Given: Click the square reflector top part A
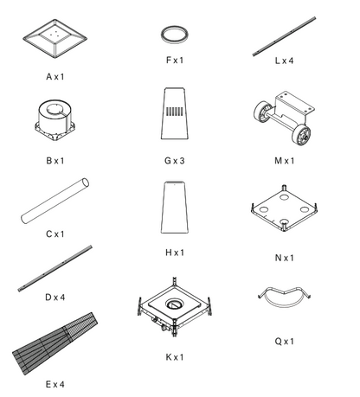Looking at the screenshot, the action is [x=55, y=38].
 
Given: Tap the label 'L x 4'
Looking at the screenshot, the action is [x=284, y=61].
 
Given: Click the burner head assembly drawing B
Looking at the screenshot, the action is [x=55, y=119].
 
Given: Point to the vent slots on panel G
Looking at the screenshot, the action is [x=175, y=112].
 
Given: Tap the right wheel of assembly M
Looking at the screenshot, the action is [x=303, y=135].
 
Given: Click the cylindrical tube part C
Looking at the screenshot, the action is [x=55, y=201].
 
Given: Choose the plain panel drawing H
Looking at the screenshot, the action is [x=175, y=207].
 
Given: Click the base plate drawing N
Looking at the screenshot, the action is [x=284, y=208].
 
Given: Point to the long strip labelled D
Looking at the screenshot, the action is [x=55, y=268].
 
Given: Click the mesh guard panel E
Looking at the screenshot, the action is [x=55, y=343].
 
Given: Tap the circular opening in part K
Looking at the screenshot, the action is [x=173, y=304].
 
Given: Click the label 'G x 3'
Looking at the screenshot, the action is [x=175, y=161].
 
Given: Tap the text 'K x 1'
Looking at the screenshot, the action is [x=175, y=357].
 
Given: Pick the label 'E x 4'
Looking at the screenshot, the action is [x=55, y=384].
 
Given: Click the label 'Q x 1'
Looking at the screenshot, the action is [x=285, y=342].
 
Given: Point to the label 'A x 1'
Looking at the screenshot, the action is [x=55, y=77].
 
